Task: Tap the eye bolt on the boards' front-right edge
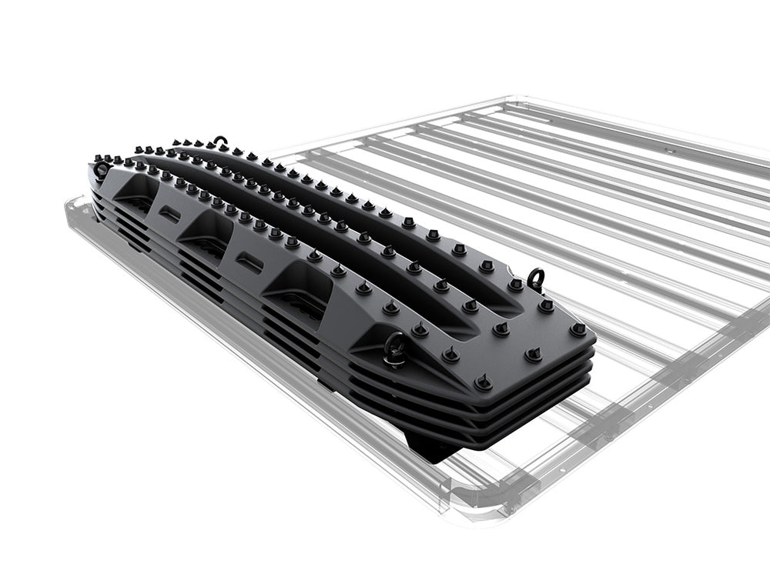pyautogui.click(x=536, y=278)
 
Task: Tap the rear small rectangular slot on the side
pyautogui.click(x=170, y=215)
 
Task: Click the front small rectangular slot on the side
pyautogui.click(x=249, y=262)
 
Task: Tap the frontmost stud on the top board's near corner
pyautogui.click(x=483, y=382)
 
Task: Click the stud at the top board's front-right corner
pyautogui.click(x=577, y=329)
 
